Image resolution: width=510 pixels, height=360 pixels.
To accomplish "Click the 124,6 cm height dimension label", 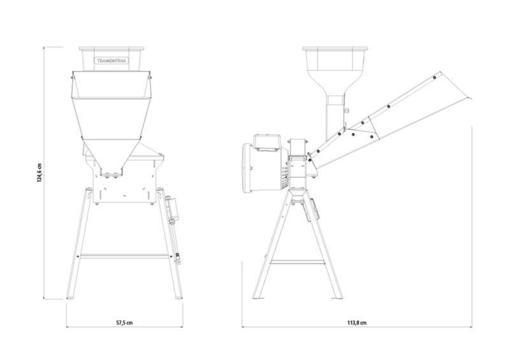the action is (x=40, y=173).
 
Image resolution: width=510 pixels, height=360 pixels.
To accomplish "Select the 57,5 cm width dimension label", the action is (x=124, y=323).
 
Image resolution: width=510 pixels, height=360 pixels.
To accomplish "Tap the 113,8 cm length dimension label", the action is (x=357, y=323).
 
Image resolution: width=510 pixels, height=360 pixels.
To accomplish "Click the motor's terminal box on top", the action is (x=267, y=142).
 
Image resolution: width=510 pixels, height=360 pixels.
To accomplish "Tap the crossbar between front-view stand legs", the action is (x=124, y=256).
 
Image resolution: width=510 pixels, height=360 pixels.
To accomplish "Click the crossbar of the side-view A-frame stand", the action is (x=297, y=262).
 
